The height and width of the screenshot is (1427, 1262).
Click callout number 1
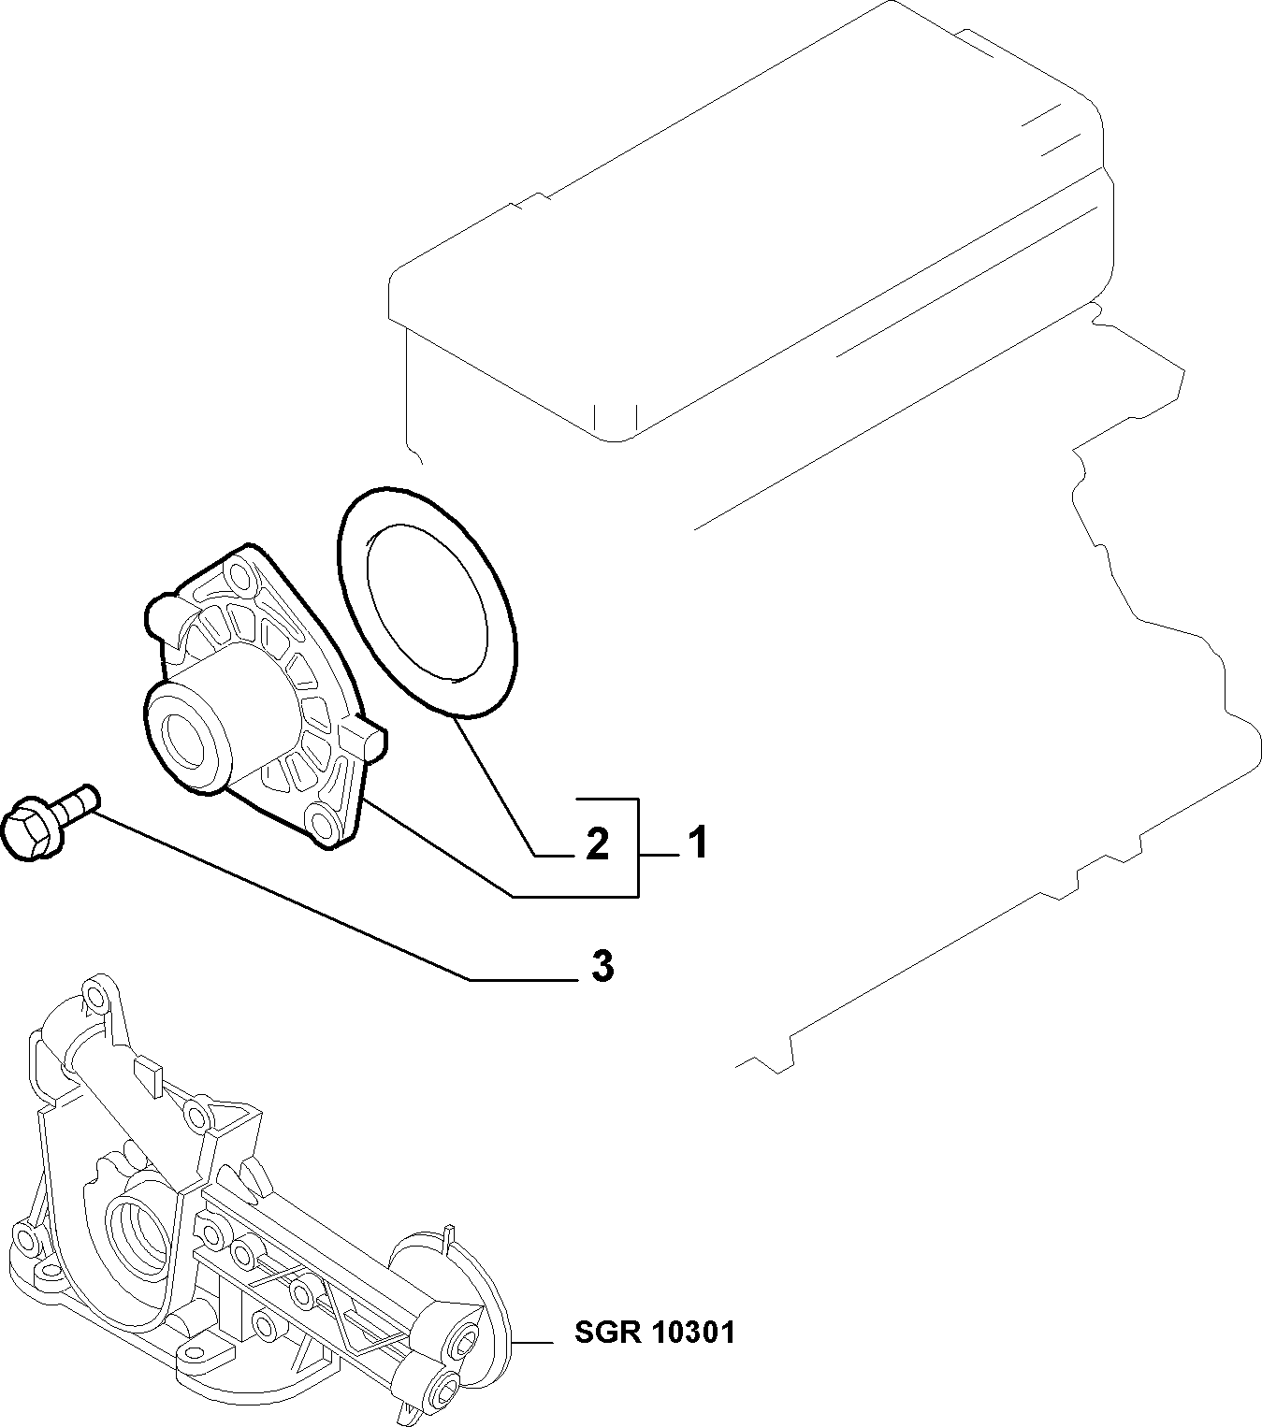tap(697, 843)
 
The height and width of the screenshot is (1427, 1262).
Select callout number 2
tap(597, 843)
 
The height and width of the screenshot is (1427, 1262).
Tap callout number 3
tap(602, 966)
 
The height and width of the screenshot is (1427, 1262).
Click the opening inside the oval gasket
tap(427, 603)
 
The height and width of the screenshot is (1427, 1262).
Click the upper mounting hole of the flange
tap(239, 579)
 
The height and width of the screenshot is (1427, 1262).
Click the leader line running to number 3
tap(339, 916)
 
